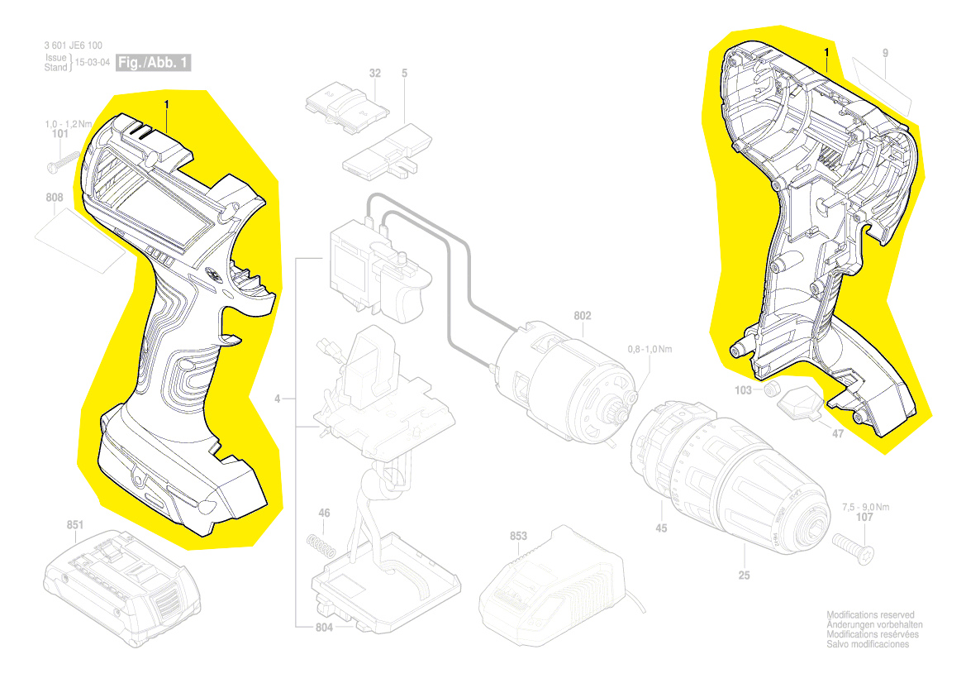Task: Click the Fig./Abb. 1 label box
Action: tap(154, 62)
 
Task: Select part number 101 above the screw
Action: tap(59, 134)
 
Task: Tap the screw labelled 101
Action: tap(64, 161)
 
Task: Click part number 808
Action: tap(55, 198)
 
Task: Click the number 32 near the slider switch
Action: tap(374, 73)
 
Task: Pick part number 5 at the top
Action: tap(404, 73)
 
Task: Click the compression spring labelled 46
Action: tap(321, 547)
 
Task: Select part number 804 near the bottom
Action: tap(324, 627)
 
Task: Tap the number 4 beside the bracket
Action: tap(277, 399)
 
